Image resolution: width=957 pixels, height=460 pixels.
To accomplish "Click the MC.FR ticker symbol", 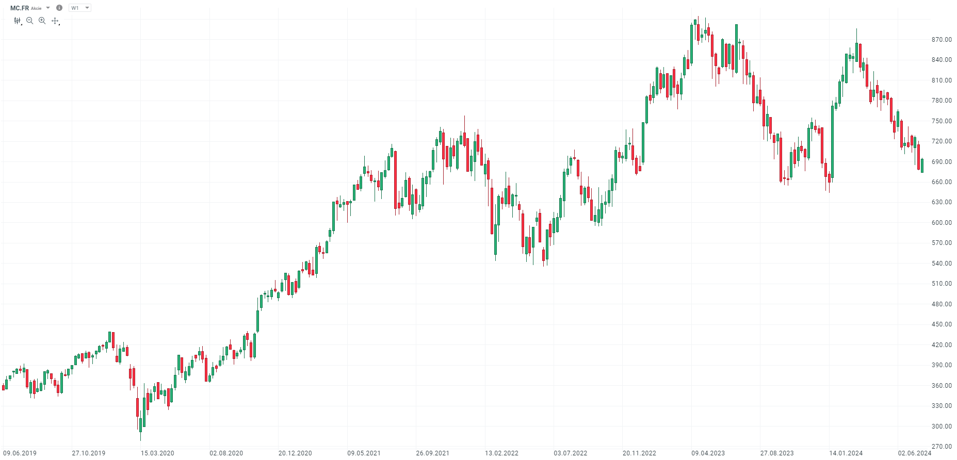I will point(20,8).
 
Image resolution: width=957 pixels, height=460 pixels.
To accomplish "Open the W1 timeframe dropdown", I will point(80,8).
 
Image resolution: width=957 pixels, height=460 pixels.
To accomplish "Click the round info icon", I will point(59,8).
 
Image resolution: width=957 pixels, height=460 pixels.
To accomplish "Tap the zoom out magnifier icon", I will point(29,21).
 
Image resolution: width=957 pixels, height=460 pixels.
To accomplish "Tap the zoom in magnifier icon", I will point(42,21).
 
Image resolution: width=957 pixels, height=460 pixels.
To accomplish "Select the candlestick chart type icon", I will point(18,21).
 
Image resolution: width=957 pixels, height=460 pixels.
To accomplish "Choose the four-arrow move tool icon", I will point(55,21).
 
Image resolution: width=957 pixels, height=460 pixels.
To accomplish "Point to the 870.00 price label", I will point(942,40).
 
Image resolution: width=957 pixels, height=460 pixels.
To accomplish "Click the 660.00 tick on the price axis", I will point(942,182).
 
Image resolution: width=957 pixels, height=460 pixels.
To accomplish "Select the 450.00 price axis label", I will point(942,324).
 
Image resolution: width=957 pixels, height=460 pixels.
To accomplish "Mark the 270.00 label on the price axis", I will point(942,447).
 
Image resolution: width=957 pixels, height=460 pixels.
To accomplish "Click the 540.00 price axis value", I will point(942,264).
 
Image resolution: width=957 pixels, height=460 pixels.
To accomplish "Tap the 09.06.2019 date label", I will point(20,453).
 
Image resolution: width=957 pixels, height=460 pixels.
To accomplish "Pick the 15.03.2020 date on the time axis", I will point(157,453).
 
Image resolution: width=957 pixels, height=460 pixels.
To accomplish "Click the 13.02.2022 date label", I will point(501,453).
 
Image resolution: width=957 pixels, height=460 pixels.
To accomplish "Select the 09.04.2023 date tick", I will point(708,453).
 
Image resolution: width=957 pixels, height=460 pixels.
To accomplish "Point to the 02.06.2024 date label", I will point(914,453).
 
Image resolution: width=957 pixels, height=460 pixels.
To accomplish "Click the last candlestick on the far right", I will point(922,166).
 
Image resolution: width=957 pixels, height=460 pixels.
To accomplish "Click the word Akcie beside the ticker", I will point(36,8).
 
